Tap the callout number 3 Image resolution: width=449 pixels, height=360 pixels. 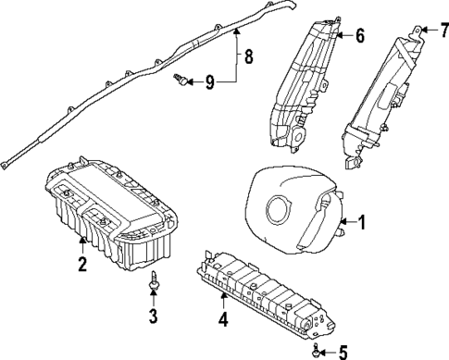(x=154, y=320)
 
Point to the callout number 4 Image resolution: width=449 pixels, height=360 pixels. (x=222, y=322)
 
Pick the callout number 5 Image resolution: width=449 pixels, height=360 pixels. (x=343, y=352)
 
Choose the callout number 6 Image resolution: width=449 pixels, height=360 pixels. (x=359, y=36)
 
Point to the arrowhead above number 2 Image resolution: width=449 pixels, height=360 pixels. (x=81, y=243)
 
